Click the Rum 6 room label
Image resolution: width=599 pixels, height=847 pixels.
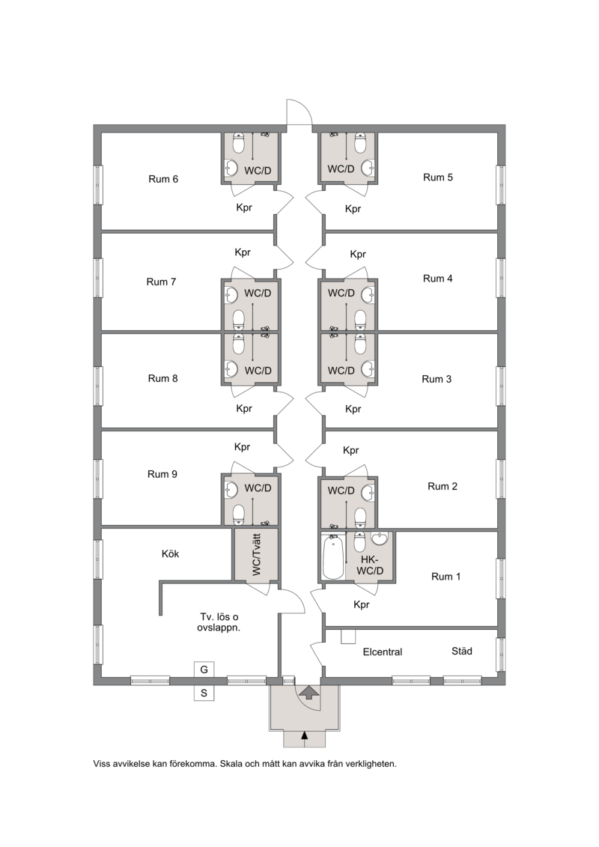[163, 179]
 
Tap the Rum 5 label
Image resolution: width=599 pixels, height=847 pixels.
[437, 177]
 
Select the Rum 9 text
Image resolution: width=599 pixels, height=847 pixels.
[162, 474]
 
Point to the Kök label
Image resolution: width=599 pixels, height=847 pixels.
[170, 553]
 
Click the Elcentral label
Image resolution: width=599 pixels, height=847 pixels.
[383, 652]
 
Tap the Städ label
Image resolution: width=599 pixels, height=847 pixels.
[462, 651]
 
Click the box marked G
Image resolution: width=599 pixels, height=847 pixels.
[204, 670]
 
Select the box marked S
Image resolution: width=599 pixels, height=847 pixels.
[204, 693]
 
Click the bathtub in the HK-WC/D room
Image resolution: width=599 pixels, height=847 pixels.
[332, 556]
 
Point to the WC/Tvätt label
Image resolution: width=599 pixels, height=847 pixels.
[256, 554]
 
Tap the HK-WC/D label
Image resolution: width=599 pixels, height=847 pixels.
[369, 565]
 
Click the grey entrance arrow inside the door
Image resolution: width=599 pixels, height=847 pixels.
[308, 692]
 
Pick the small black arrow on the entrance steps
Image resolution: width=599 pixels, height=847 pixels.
[305, 735]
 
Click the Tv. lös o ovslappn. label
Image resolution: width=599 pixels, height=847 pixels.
[218, 622]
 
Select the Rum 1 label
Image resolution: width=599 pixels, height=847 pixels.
[446, 577]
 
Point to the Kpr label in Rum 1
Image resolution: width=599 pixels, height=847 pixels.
[362, 604]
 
